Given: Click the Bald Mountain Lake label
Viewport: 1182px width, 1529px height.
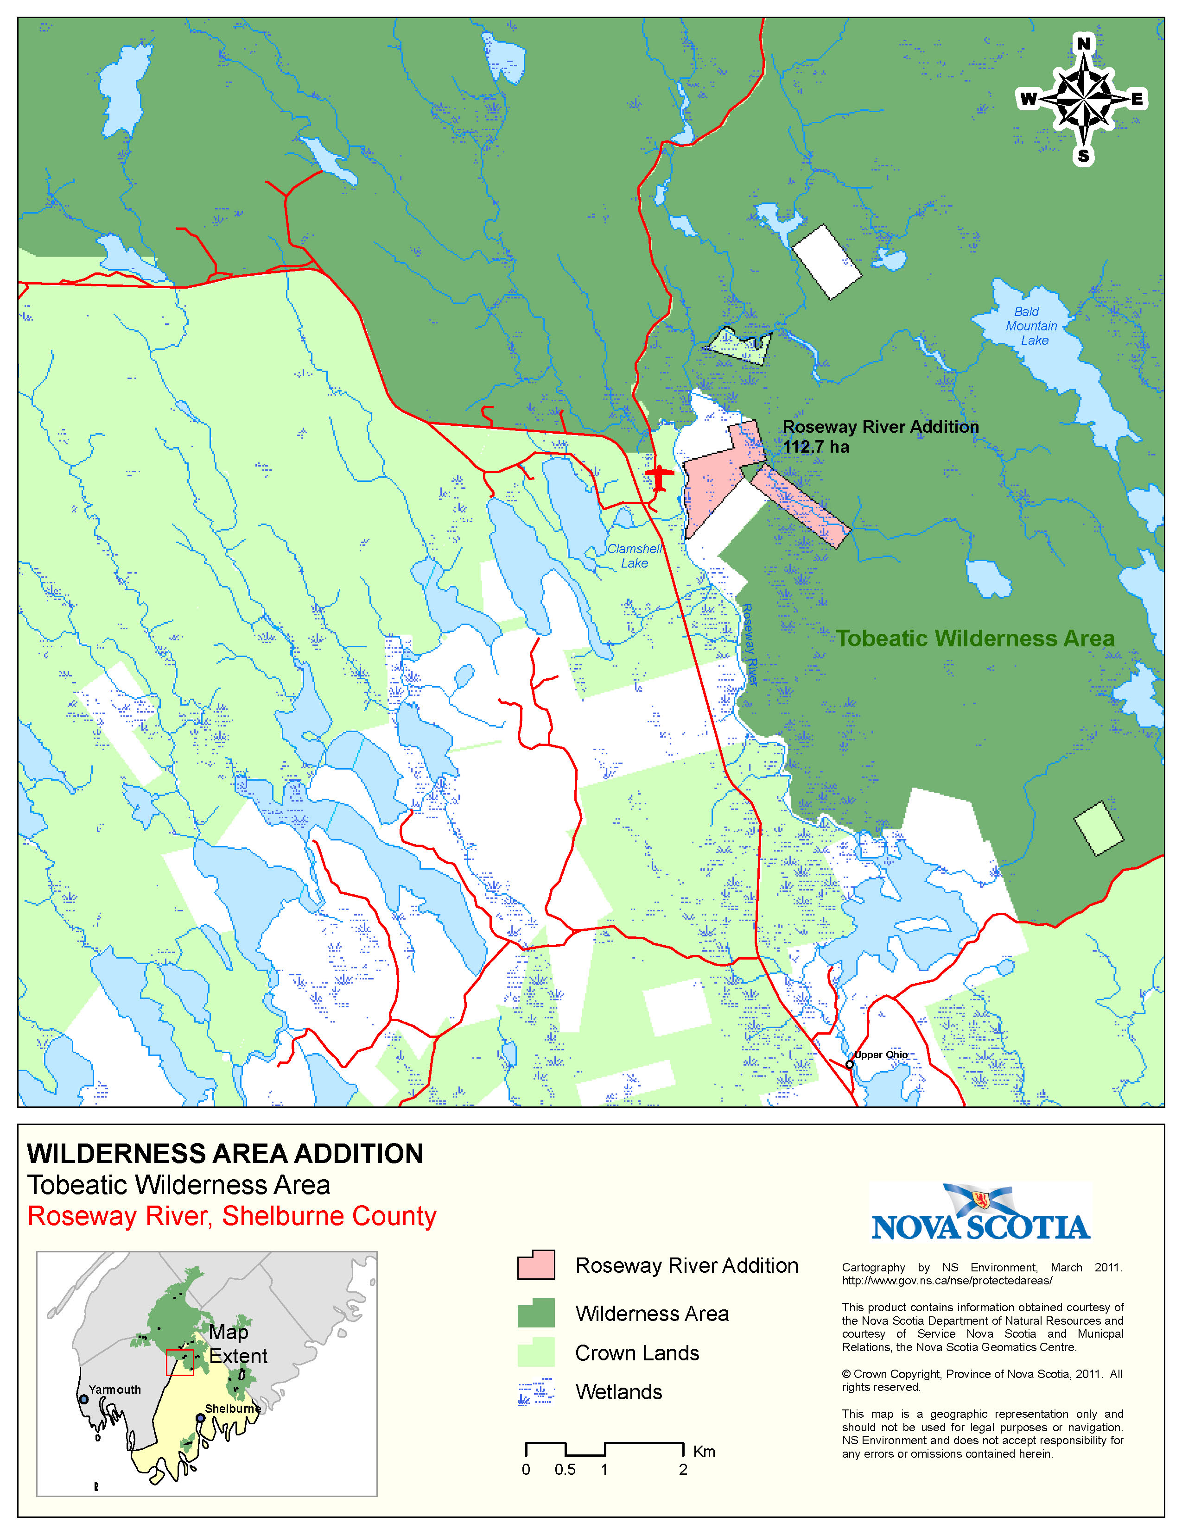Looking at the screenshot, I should [x=1031, y=326].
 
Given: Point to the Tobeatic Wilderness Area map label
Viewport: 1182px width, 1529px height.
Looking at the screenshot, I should [x=975, y=638].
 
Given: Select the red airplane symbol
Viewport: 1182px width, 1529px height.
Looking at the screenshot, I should [x=659, y=477].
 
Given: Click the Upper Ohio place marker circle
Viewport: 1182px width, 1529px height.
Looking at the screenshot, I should [x=849, y=1064].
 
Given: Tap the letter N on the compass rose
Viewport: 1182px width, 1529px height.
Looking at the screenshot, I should [x=1083, y=44].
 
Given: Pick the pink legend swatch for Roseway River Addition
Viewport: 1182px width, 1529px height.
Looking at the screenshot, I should [x=536, y=1265].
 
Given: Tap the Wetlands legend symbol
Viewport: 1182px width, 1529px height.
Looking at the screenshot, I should [x=536, y=1392].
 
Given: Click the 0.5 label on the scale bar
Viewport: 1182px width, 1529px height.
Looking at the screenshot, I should [x=565, y=1470].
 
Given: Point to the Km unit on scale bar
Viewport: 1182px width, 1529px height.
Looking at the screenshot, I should [x=704, y=1451].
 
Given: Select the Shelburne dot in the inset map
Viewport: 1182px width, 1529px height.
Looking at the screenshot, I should [x=200, y=1418].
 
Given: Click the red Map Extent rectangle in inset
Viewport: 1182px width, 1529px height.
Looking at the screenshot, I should [x=180, y=1362].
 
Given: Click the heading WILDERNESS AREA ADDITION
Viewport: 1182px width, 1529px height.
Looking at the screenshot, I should [x=225, y=1154].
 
